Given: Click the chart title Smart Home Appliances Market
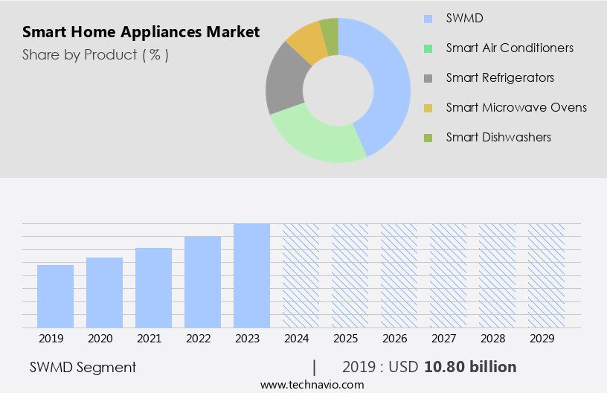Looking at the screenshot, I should (141, 32).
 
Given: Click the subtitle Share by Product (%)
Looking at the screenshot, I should (95, 55).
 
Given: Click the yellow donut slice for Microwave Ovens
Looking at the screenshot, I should (306, 43).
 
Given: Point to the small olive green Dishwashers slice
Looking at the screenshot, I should (330, 33).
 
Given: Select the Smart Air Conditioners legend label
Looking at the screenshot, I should (510, 48).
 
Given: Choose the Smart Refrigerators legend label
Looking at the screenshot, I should (500, 77).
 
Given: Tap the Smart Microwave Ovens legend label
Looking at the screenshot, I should (516, 107).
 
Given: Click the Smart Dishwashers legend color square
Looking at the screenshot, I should (428, 138).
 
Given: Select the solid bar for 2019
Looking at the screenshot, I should (55, 296).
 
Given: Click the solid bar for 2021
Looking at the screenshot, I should (153, 287).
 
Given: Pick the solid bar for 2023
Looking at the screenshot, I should (251, 275).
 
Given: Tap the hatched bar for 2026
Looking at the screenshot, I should (399, 275).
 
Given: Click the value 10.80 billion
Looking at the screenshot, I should (470, 367).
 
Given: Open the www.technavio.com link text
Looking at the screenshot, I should (312, 385).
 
